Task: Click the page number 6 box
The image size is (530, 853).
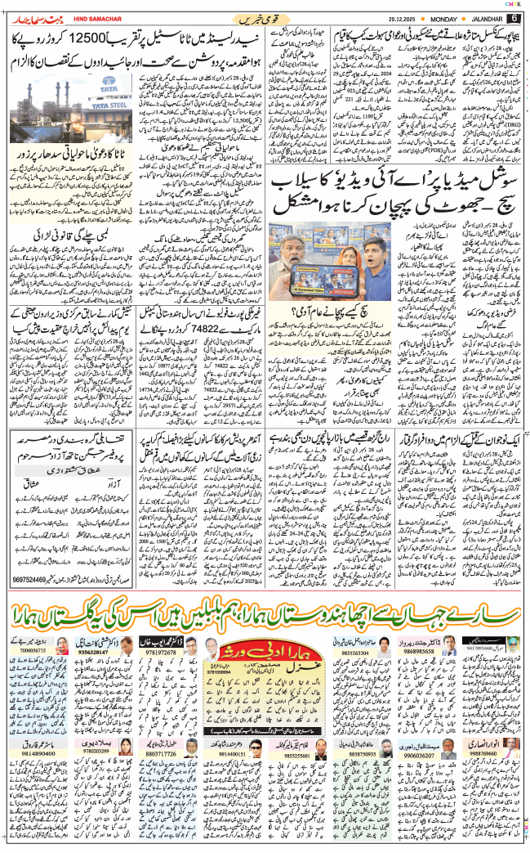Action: pyautogui.click(x=514, y=18)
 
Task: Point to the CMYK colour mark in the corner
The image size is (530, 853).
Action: pyautogui.click(x=514, y=4)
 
